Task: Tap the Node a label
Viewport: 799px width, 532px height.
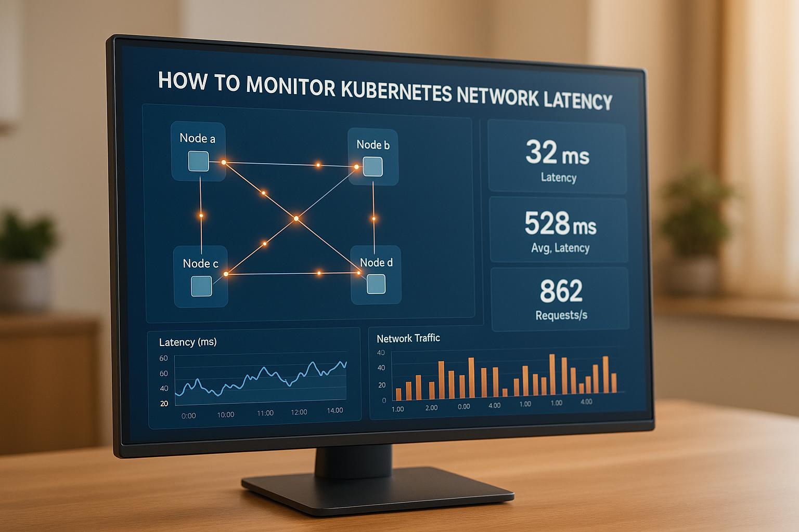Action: pos(197,138)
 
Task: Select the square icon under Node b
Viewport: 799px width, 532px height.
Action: pos(372,167)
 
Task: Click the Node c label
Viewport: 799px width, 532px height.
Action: pos(200,263)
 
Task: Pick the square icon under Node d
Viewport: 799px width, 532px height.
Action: pos(376,284)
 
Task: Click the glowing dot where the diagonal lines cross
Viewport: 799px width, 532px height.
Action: pos(296,219)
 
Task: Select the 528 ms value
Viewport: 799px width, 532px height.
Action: pos(560,224)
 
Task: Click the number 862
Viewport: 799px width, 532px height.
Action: pos(561,291)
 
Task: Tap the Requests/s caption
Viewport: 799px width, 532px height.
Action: pos(561,315)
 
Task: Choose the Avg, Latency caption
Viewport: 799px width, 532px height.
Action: pos(560,248)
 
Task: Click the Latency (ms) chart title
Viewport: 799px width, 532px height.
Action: pos(188,342)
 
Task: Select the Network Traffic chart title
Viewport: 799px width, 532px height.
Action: pos(408,338)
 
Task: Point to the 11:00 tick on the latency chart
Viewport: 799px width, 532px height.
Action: pos(265,413)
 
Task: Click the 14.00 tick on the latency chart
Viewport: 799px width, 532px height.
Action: pos(334,410)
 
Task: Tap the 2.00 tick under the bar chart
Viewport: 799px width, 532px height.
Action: pos(431,408)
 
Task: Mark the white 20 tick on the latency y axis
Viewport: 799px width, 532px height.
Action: pos(164,403)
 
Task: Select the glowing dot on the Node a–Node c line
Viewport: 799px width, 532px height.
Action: pos(201,215)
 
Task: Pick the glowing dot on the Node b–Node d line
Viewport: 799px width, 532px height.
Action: pos(373,219)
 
